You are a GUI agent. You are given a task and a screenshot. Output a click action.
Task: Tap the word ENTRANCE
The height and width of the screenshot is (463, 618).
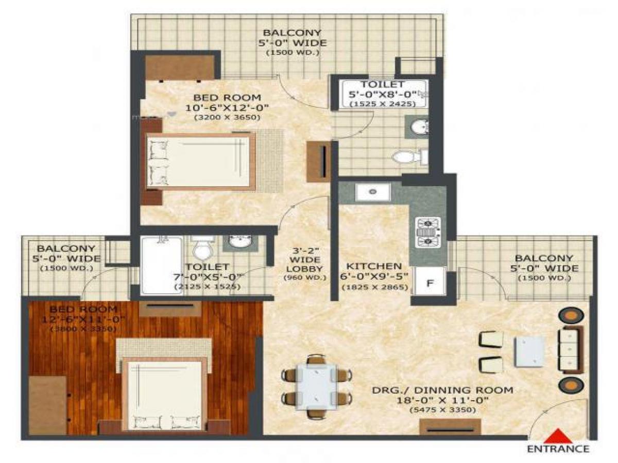pyautogui.click(x=558, y=449)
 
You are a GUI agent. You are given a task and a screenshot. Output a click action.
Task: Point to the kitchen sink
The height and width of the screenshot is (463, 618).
pyautogui.click(x=372, y=192)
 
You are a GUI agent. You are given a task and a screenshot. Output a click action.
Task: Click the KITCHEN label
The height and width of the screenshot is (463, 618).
pyautogui.click(x=374, y=266)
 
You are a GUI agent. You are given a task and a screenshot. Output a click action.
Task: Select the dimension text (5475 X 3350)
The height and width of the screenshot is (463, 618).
pyautogui.click(x=442, y=409)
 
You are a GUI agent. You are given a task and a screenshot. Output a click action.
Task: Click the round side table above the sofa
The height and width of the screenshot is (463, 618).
pyautogui.click(x=570, y=315)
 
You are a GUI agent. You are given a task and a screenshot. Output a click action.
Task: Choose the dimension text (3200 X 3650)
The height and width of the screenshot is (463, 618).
pyautogui.click(x=227, y=118)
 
